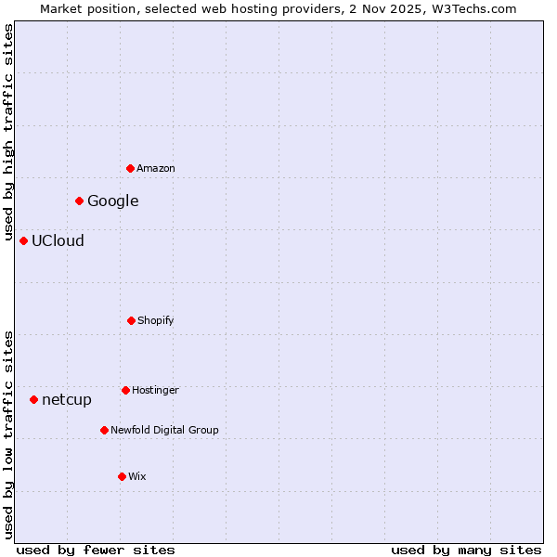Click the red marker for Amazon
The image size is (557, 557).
pyautogui.click(x=131, y=168)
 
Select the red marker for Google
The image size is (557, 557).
pyautogui.click(x=80, y=201)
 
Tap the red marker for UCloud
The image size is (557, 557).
pyautogui.click(x=24, y=240)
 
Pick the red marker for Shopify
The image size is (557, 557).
pyautogui.click(x=131, y=320)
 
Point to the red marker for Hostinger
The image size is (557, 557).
pyautogui.click(x=125, y=390)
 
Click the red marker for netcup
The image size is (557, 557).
pyautogui.click(x=34, y=399)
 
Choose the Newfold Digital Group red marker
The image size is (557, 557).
pyautogui.click(x=104, y=430)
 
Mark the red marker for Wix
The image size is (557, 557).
pyautogui.click(x=122, y=476)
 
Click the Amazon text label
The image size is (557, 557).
pyautogui.click(x=156, y=168)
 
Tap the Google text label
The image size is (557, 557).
pyautogui.click(x=113, y=201)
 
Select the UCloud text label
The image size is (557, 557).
pyautogui.click(x=58, y=240)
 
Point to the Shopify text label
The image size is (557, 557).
pyautogui.click(x=156, y=320)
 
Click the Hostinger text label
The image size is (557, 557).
pyautogui.click(x=155, y=390)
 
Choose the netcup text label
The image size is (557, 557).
pyautogui.click(x=67, y=400)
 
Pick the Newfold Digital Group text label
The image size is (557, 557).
pyautogui.click(x=164, y=430)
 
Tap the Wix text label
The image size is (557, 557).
pyautogui.click(x=137, y=476)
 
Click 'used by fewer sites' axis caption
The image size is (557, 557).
pyautogui.click(x=96, y=550)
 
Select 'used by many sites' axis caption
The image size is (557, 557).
pyautogui.click(x=466, y=550)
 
